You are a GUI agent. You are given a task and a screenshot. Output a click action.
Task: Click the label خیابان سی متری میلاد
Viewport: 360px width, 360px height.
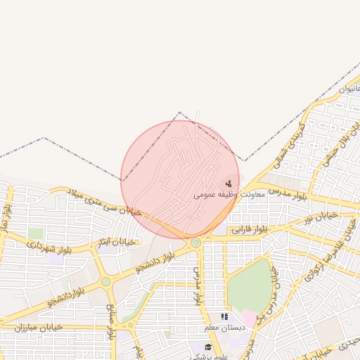pyautogui.click(x=105, y=201)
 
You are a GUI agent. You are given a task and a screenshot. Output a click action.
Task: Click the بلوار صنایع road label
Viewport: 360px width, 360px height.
pyautogui.click(x=111, y=320)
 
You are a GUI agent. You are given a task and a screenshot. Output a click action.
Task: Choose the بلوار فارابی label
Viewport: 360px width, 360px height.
pyautogui.click(x=250, y=229)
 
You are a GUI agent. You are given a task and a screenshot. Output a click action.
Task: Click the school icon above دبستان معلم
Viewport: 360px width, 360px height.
pyautogui.click(x=224, y=317)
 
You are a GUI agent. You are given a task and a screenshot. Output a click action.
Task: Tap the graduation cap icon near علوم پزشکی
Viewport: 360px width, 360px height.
pyautogui.click(x=207, y=347)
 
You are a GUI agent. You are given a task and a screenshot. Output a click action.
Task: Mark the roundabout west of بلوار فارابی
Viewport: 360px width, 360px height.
pyautogui.click(x=195, y=243)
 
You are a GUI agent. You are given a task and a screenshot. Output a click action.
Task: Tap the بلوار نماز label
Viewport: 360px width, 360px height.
pyautogui.click(x=5, y=212)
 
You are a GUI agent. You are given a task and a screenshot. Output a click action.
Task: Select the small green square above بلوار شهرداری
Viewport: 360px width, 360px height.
pyautogui.click(x=36, y=233)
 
